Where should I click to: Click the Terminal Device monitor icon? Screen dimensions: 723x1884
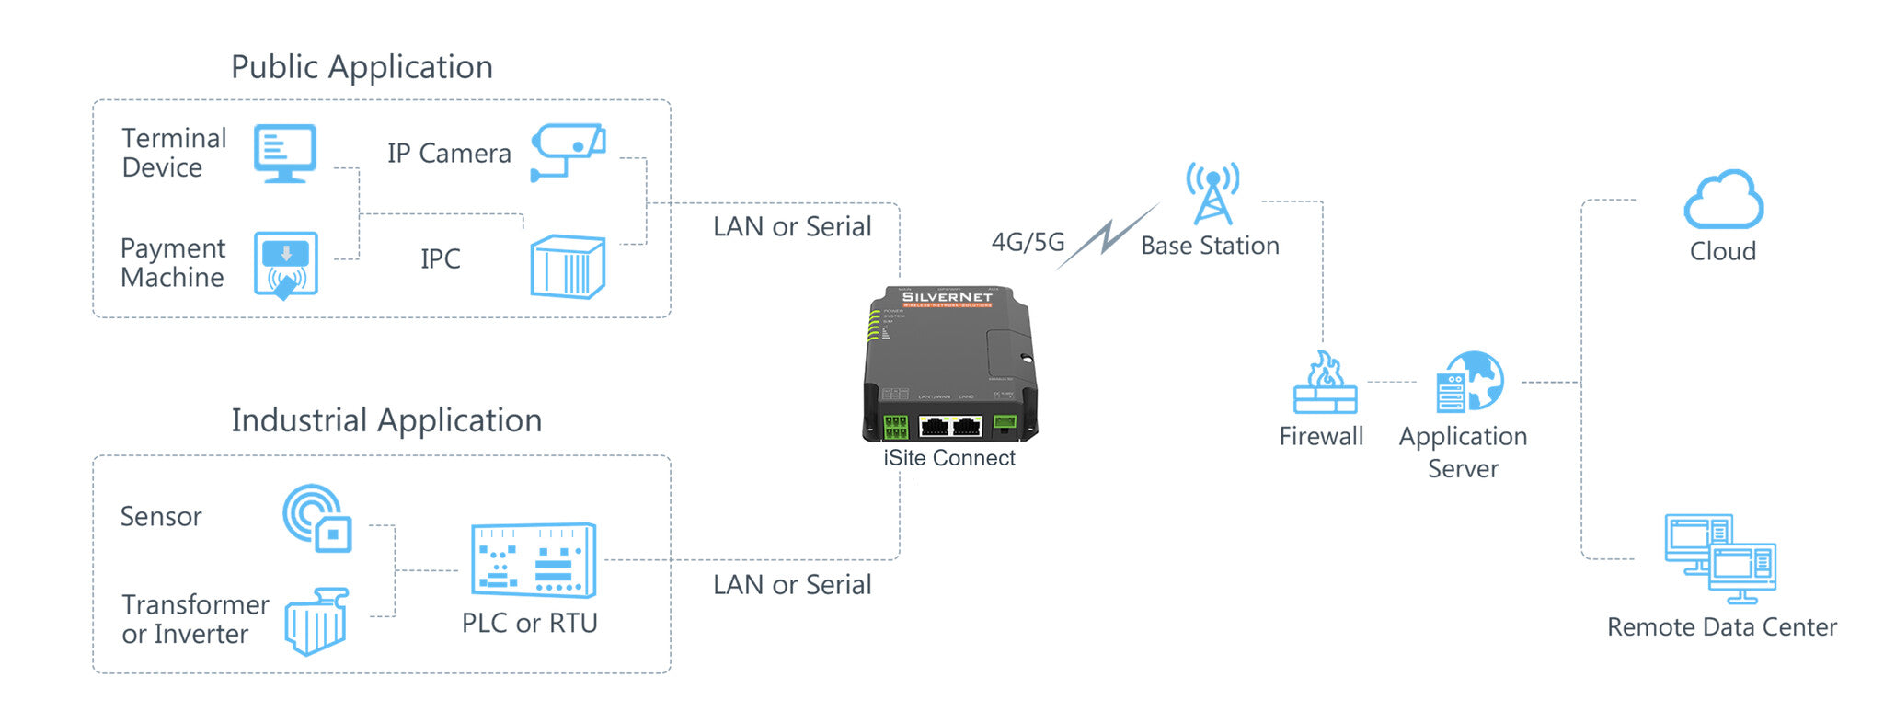coord(285,154)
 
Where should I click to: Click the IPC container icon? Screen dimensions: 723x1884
coord(568,267)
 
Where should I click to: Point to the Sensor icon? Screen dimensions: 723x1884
coord(316,518)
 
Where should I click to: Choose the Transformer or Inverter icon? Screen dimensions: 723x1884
coord(316,622)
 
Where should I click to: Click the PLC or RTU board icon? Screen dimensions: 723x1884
coord(534,560)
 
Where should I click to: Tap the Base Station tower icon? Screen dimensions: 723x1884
coord(1212,194)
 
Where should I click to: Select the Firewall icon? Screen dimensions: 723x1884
coord(1325,384)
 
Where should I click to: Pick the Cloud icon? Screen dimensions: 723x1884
coord(1723,200)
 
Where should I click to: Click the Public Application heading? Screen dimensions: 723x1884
coord(362,67)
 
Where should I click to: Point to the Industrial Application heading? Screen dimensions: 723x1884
coord(386,420)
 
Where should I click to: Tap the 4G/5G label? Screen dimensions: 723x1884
coord(1028,242)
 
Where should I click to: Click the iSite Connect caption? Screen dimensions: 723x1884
coord(949,458)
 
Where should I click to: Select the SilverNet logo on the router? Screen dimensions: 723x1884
coord(947,297)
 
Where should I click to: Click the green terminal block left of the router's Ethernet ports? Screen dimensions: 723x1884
coord(895,427)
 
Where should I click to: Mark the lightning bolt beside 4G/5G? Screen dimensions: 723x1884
coord(1108,236)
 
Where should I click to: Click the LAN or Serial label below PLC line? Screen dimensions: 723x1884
coord(792,585)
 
